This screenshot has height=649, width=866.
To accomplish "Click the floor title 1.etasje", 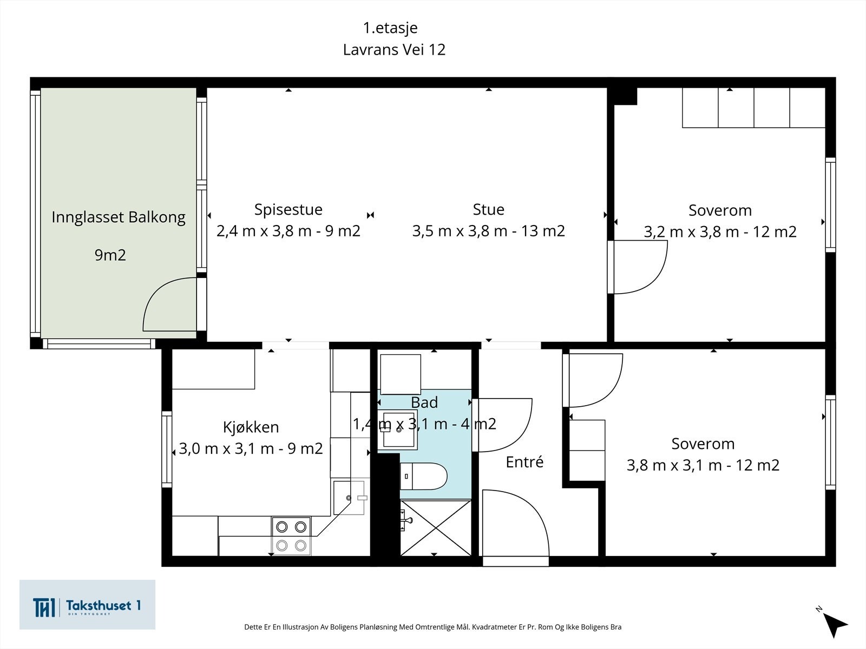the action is coord(390,28).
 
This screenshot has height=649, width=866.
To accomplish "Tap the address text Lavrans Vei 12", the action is coord(394,50).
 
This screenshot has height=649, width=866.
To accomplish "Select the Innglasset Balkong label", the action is coord(119,217).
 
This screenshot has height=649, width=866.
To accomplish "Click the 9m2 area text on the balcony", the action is coord(110,255).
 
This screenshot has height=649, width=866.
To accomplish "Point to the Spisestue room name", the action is coord(288,210).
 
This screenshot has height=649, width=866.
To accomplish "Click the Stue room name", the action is coord(488,210).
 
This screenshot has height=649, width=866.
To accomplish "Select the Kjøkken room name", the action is coord(251,427).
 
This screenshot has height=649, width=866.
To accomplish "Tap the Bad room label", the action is coord(424,402).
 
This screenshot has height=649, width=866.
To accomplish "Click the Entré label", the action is coord(524,462).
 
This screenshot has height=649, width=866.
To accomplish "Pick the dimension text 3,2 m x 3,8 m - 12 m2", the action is coord(720,231).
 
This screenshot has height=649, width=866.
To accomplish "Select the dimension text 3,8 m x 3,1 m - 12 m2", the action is coord(703,465).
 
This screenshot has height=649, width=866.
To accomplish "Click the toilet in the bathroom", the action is coord(423,476).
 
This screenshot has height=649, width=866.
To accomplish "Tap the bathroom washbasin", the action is coord(397,429).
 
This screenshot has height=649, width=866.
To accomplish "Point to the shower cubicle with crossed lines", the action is coord(436,528).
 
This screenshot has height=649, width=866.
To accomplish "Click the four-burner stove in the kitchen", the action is coord(291,536).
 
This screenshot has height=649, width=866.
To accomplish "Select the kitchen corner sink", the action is coord(349,498).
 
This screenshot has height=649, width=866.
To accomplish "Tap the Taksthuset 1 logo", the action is coord(87,605).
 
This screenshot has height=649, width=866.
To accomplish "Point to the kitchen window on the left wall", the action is coord(167,449).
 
